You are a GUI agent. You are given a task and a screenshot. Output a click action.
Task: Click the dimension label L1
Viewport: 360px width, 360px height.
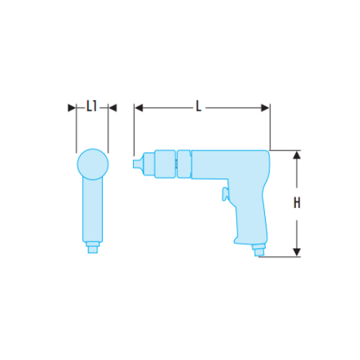click(91, 107)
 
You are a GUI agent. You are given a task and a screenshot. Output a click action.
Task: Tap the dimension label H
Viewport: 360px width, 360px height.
click(297, 204)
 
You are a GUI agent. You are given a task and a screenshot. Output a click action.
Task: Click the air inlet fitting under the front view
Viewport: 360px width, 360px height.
click(91, 248)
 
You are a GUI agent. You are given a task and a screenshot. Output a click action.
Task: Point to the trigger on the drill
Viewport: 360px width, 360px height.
click(225, 193)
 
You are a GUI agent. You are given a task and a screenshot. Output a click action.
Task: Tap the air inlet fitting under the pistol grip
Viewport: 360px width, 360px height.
click(258, 250)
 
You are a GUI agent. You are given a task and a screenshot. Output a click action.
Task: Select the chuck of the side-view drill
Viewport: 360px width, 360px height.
click(158, 163)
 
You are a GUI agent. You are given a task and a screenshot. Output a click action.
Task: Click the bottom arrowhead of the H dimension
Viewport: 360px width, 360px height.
click(297, 251)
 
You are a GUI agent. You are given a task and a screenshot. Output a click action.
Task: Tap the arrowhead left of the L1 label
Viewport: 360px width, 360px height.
click(72, 107)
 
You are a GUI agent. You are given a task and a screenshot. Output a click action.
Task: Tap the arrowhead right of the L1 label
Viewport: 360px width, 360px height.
click(112, 107)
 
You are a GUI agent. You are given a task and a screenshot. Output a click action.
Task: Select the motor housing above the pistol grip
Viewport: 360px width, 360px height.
click(230, 164)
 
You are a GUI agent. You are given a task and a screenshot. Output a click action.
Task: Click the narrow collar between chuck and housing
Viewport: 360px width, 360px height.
click(184, 163)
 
